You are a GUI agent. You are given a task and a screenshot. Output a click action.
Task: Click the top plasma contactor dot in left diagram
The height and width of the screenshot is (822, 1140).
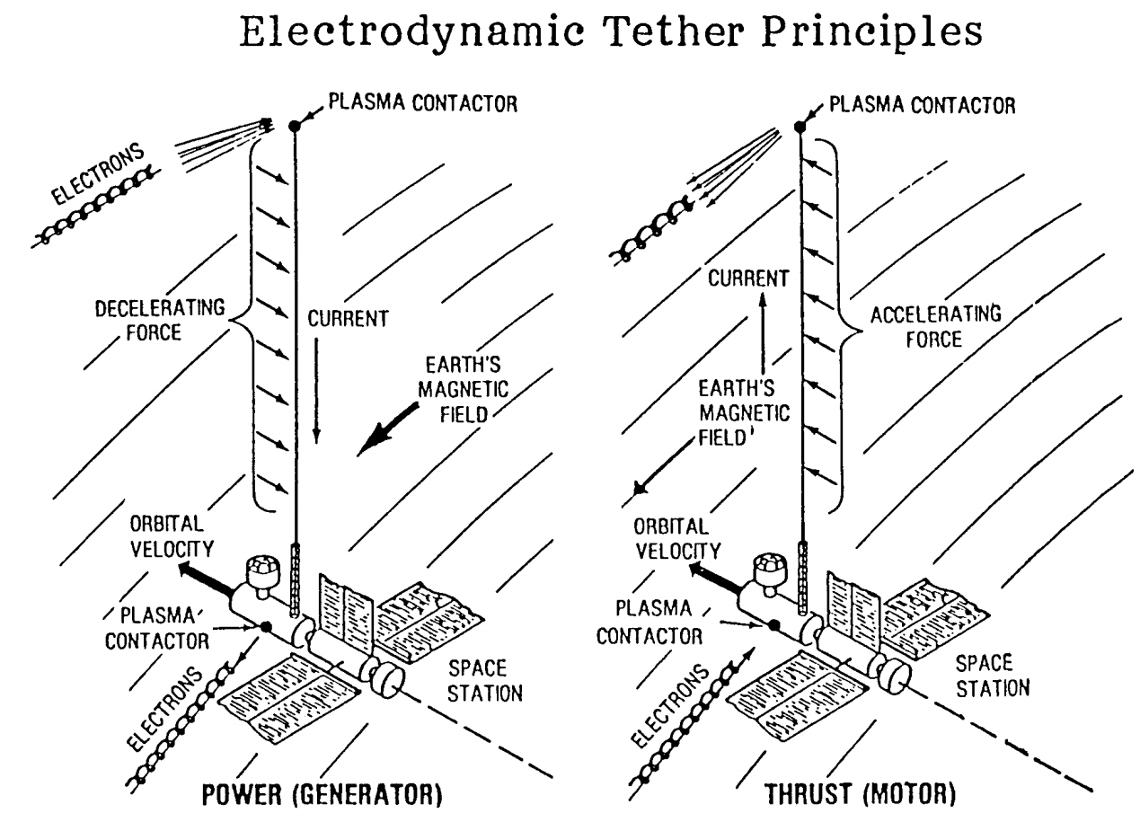click(x=294, y=125)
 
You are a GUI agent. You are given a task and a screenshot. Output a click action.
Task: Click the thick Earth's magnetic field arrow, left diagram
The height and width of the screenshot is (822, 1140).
click(x=386, y=427)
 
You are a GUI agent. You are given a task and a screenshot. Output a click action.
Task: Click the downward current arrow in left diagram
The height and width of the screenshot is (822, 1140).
click(x=316, y=395)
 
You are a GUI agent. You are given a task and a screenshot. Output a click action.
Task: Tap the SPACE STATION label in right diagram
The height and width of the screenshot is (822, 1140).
click(x=992, y=676)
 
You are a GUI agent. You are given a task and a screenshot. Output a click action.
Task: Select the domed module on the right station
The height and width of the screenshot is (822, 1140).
click(x=770, y=568)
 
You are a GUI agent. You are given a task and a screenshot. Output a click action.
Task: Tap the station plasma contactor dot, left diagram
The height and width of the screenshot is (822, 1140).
click(x=266, y=626)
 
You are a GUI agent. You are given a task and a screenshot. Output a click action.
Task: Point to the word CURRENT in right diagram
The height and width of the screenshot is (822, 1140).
click(x=739, y=280)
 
